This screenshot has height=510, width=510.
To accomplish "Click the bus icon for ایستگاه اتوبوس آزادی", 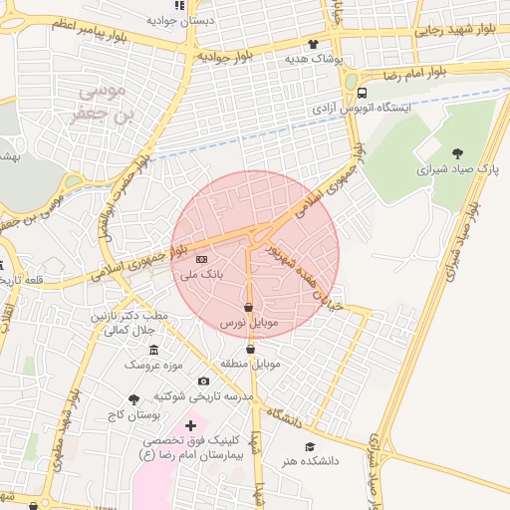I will pos(361,95).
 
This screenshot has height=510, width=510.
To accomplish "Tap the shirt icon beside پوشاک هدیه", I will pos(314,44).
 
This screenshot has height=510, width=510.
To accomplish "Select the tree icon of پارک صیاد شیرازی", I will pos(457,153).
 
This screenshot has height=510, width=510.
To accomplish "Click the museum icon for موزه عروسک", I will pos(153,350).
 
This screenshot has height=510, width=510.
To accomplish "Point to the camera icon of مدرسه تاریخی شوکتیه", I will pos(204,381).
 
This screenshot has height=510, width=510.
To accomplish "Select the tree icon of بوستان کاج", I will pos(134,398).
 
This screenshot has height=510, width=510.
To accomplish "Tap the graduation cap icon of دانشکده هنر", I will pos(310,447).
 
